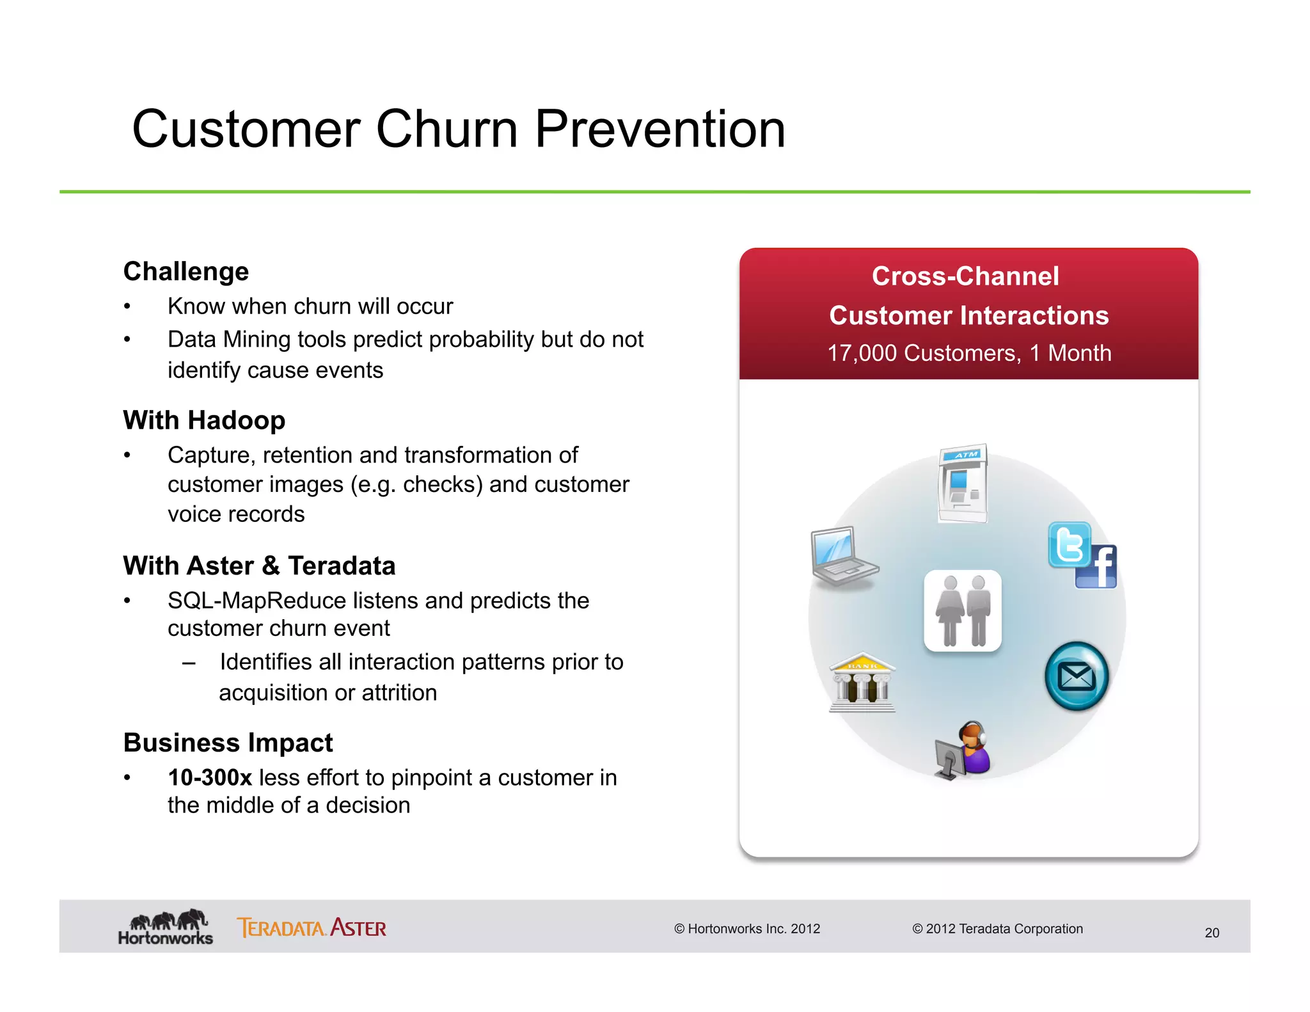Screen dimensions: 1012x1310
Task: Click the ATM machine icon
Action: [x=963, y=484]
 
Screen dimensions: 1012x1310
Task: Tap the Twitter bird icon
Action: [x=1069, y=544]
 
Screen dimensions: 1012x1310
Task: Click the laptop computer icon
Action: [x=842, y=556]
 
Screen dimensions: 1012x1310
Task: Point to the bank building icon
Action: [x=862, y=684]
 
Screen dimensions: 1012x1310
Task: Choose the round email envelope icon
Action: [x=1077, y=676]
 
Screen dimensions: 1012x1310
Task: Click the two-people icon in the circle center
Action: [x=963, y=611]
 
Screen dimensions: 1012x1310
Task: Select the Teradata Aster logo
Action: [x=312, y=928]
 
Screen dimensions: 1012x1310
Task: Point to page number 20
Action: [x=1211, y=933]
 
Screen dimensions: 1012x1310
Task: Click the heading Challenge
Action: [x=186, y=271]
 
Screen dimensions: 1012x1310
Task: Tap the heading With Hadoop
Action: [x=204, y=420]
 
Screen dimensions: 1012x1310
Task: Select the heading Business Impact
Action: [x=228, y=743]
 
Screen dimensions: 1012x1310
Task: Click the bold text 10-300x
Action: [x=210, y=777]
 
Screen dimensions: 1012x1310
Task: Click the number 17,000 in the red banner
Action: [x=862, y=353]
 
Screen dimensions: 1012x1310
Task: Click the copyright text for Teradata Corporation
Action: [x=997, y=929]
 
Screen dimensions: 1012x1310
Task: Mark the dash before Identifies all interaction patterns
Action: [x=189, y=663]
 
